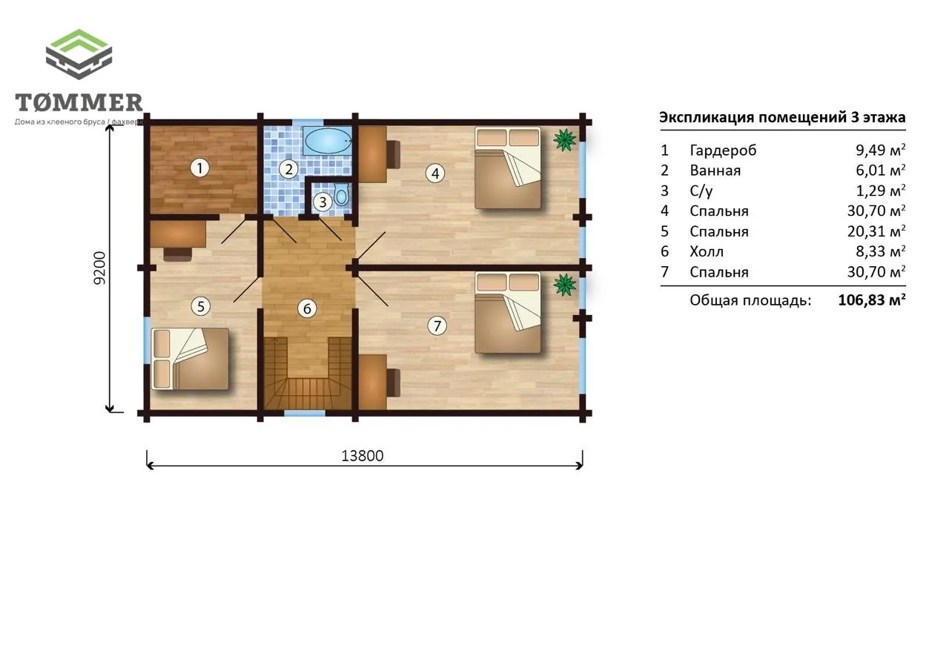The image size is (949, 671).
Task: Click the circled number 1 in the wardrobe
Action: pyautogui.click(x=199, y=168)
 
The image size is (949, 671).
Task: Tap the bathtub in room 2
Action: pyautogui.click(x=328, y=141)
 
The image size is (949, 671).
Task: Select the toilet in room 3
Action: pyautogui.click(x=341, y=195)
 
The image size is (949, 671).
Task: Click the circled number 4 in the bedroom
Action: pyautogui.click(x=435, y=173)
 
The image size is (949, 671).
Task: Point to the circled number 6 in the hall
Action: pyautogui.click(x=307, y=308)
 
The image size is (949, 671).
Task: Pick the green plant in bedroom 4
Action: pyautogui.click(x=565, y=139)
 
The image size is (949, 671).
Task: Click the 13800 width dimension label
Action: pyautogui.click(x=363, y=456)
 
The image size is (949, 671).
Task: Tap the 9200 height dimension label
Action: pyautogui.click(x=99, y=268)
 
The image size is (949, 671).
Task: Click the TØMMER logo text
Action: pyautogui.click(x=79, y=102)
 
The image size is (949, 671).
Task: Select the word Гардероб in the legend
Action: pyautogui.click(x=723, y=151)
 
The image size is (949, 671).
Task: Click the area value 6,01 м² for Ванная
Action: pyautogui.click(x=880, y=170)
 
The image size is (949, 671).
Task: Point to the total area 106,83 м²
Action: pyautogui.click(x=872, y=300)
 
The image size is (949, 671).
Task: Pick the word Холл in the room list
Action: pyautogui.click(x=707, y=251)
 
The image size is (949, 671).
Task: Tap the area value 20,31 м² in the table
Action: pyautogui.click(x=876, y=231)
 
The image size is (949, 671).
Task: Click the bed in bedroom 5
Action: pyautogui.click(x=190, y=359)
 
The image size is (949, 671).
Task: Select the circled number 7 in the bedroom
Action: pyautogui.click(x=437, y=325)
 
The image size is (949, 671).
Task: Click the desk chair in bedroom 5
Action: pyautogui.click(x=177, y=254)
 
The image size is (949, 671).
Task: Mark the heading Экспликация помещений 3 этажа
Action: pyautogui.click(x=782, y=117)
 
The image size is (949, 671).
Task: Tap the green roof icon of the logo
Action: pyautogui.click(x=79, y=41)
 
